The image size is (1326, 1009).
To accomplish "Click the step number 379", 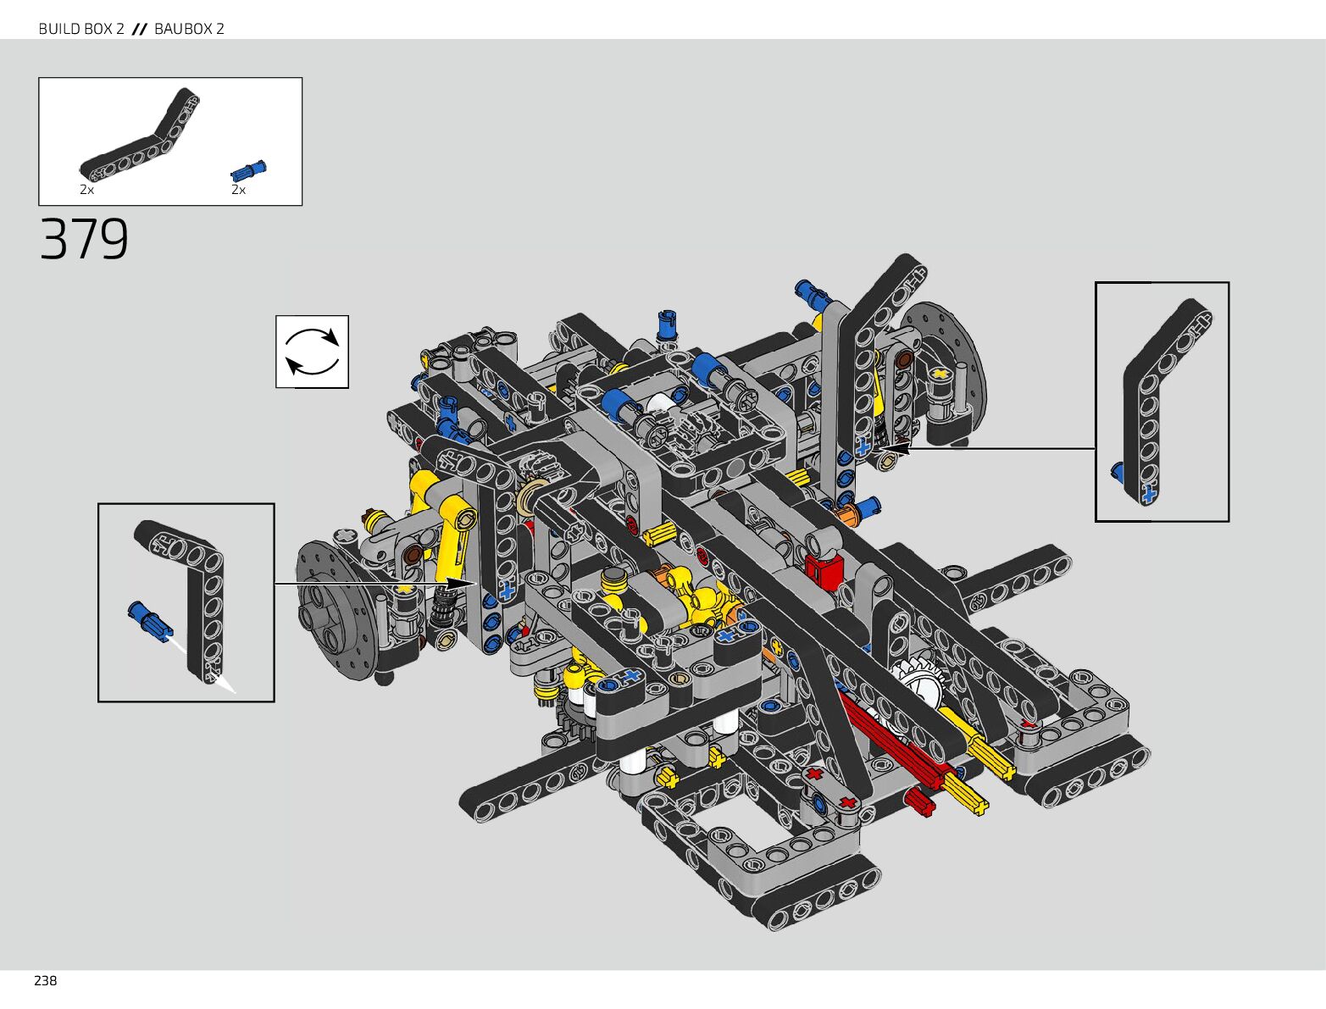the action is [x=84, y=239].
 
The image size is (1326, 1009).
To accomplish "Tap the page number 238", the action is [x=45, y=980].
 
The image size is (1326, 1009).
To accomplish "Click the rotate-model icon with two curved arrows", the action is [x=312, y=352].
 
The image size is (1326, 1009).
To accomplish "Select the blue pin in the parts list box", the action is [x=248, y=171].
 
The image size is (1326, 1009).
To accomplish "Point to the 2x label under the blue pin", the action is [x=239, y=191].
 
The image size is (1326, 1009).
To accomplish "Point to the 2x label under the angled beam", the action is [x=87, y=191].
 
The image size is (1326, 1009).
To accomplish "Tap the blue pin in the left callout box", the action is [x=150, y=620].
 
